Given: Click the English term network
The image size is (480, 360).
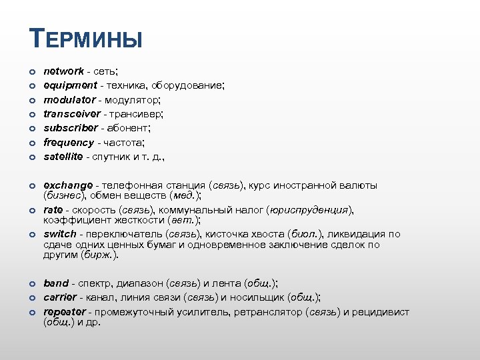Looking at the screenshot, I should [x=64, y=71].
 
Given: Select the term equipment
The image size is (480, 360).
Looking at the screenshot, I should [x=70, y=85].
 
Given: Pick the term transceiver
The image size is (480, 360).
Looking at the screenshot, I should [x=71, y=114].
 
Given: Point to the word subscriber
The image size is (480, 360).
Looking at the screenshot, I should [x=70, y=128].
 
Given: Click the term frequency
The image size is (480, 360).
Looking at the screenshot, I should [x=69, y=142].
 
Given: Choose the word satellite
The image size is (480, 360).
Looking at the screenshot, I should [x=63, y=157].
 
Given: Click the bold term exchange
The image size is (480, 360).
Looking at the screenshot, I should [x=68, y=185].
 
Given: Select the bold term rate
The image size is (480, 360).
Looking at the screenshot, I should [x=53, y=210].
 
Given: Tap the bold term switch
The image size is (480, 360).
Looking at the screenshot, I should [x=59, y=234].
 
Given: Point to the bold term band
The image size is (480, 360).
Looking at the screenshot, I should [x=56, y=283].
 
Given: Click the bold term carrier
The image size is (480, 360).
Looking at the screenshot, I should [x=60, y=297].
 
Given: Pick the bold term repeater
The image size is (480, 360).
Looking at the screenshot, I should [x=65, y=312].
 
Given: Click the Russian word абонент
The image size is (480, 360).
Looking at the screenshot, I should [x=132, y=128].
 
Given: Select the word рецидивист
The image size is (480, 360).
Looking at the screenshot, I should [x=381, y=312].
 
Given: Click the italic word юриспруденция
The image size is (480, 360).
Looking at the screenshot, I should [x=309, y=210].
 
